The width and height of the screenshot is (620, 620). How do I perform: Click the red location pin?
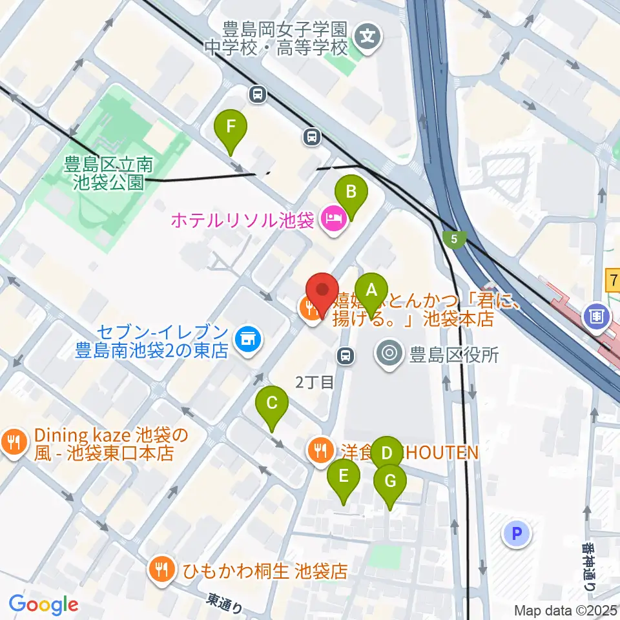coord(322,292)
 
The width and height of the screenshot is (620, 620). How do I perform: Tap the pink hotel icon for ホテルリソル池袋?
coord(333,221)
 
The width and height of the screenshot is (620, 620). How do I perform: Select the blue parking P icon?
coord(516,533)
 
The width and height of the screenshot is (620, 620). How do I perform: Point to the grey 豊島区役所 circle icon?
coord(389,353)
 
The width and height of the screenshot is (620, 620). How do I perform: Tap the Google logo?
coord(43,604)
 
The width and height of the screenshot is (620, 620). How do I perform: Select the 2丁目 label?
coord(315,382)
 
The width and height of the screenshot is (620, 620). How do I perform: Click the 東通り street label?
coord(225,603)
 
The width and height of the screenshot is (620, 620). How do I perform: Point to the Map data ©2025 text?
coord(566,610)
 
